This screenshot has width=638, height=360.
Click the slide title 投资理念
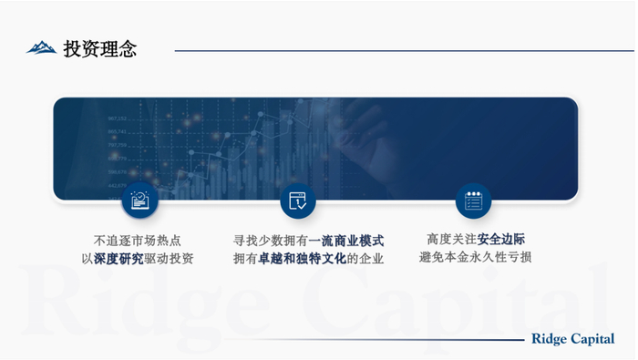[100, 49]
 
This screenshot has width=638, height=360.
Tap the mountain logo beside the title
[41, 47]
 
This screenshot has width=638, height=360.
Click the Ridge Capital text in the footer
[572, 339]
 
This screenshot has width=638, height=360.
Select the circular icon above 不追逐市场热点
[139, 201]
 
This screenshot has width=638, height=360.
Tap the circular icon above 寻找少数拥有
[297, 201]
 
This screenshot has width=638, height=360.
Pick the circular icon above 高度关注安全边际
[473, 201]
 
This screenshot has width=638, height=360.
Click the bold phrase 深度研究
[118, 259]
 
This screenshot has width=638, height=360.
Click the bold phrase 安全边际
[500, 239]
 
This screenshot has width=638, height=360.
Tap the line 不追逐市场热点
[138, 241]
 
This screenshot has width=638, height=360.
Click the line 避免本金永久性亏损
[475, 257]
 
